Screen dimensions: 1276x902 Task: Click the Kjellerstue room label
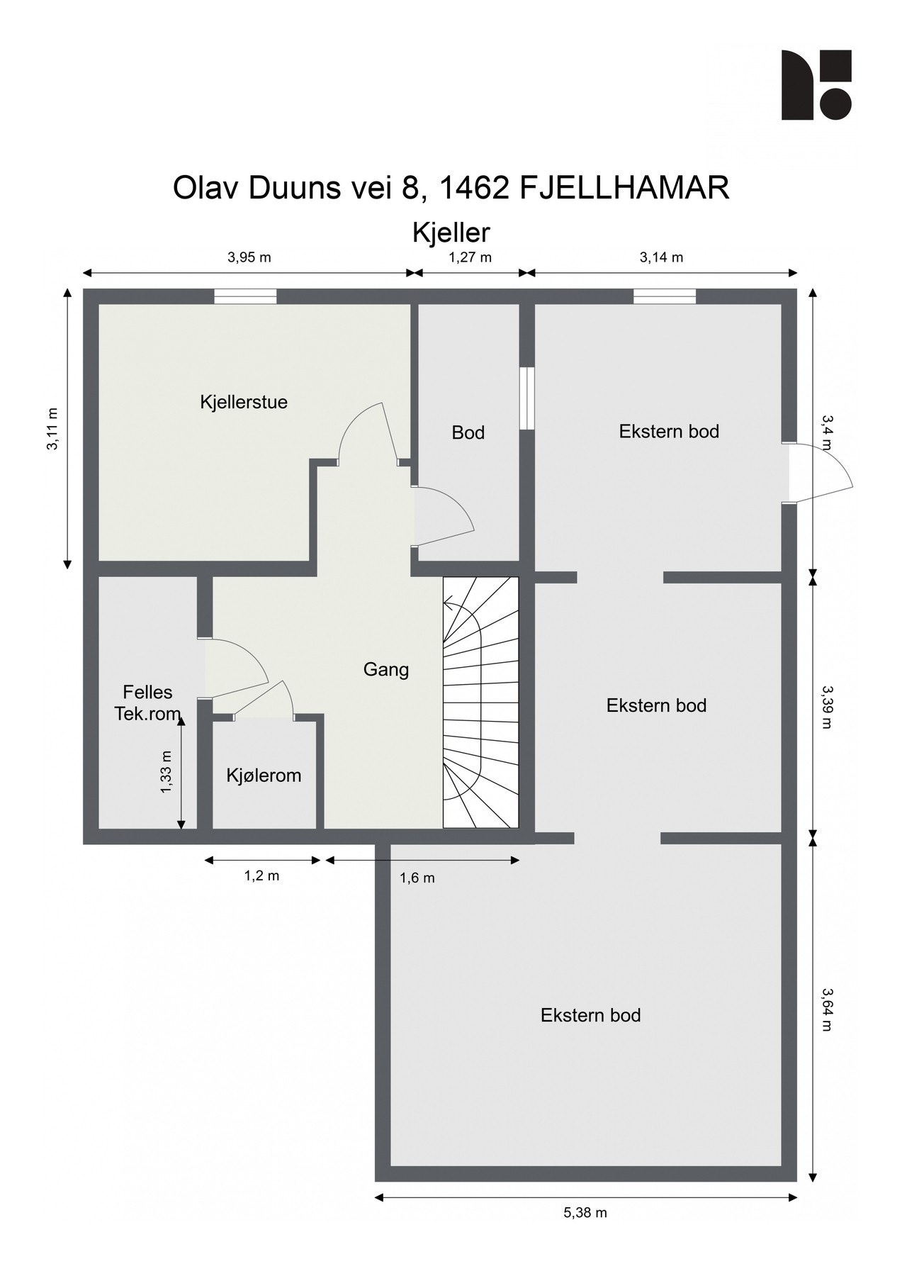point(244,403)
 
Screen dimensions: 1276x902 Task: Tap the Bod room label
point(468,432)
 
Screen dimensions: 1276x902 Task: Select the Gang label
point(386,669)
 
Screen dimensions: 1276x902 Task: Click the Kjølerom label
point(264,776)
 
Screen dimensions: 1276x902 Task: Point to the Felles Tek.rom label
point(147,703)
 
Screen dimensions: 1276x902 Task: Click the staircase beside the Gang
point(480,702)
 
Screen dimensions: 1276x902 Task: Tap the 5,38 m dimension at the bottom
point(585,1213)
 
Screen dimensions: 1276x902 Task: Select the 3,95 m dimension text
point(249,257)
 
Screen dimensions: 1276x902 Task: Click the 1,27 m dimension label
point(470,257)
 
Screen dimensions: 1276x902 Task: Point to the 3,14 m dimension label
point(661,257)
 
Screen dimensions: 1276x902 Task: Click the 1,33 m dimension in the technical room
point(167,772)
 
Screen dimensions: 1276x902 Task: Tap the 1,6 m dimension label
point(417,878)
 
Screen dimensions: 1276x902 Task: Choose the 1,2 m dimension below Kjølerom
point(262,876)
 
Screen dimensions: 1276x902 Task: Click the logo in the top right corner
point(816,85)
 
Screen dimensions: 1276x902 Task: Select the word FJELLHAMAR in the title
point(624,189)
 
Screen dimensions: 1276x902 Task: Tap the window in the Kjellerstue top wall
point(245,296)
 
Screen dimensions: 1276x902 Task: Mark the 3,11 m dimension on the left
point(52,429)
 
